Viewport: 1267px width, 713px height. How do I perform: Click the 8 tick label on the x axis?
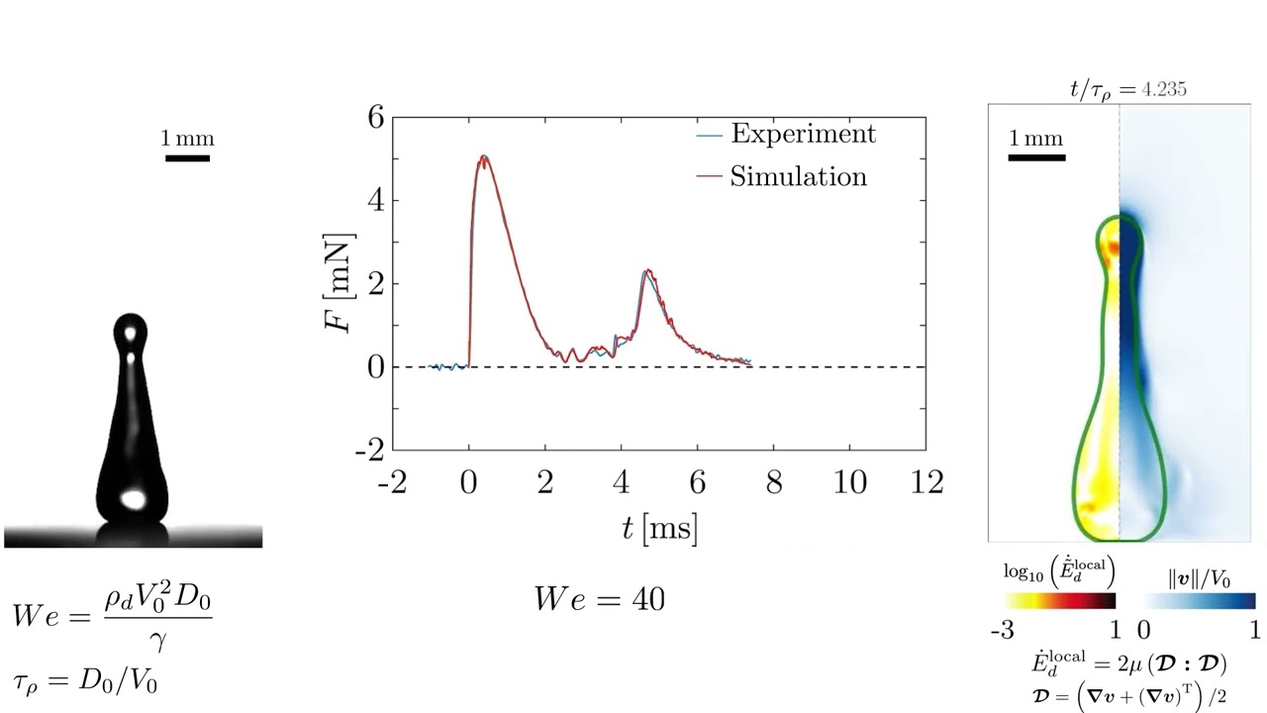[773, 483]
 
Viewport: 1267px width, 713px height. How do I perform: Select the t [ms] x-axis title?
[659, 529]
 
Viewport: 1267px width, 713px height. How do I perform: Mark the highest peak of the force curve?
[483, 156]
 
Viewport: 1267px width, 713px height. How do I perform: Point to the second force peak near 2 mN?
[646, 270]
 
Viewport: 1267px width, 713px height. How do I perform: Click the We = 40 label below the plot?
[599, 599]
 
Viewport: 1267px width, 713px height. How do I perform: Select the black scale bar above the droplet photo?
[187, 157]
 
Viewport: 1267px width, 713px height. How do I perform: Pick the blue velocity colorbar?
[1199, 600]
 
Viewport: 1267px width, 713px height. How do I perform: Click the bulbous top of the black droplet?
[130, 332]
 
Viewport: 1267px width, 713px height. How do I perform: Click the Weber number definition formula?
[112, 615]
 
